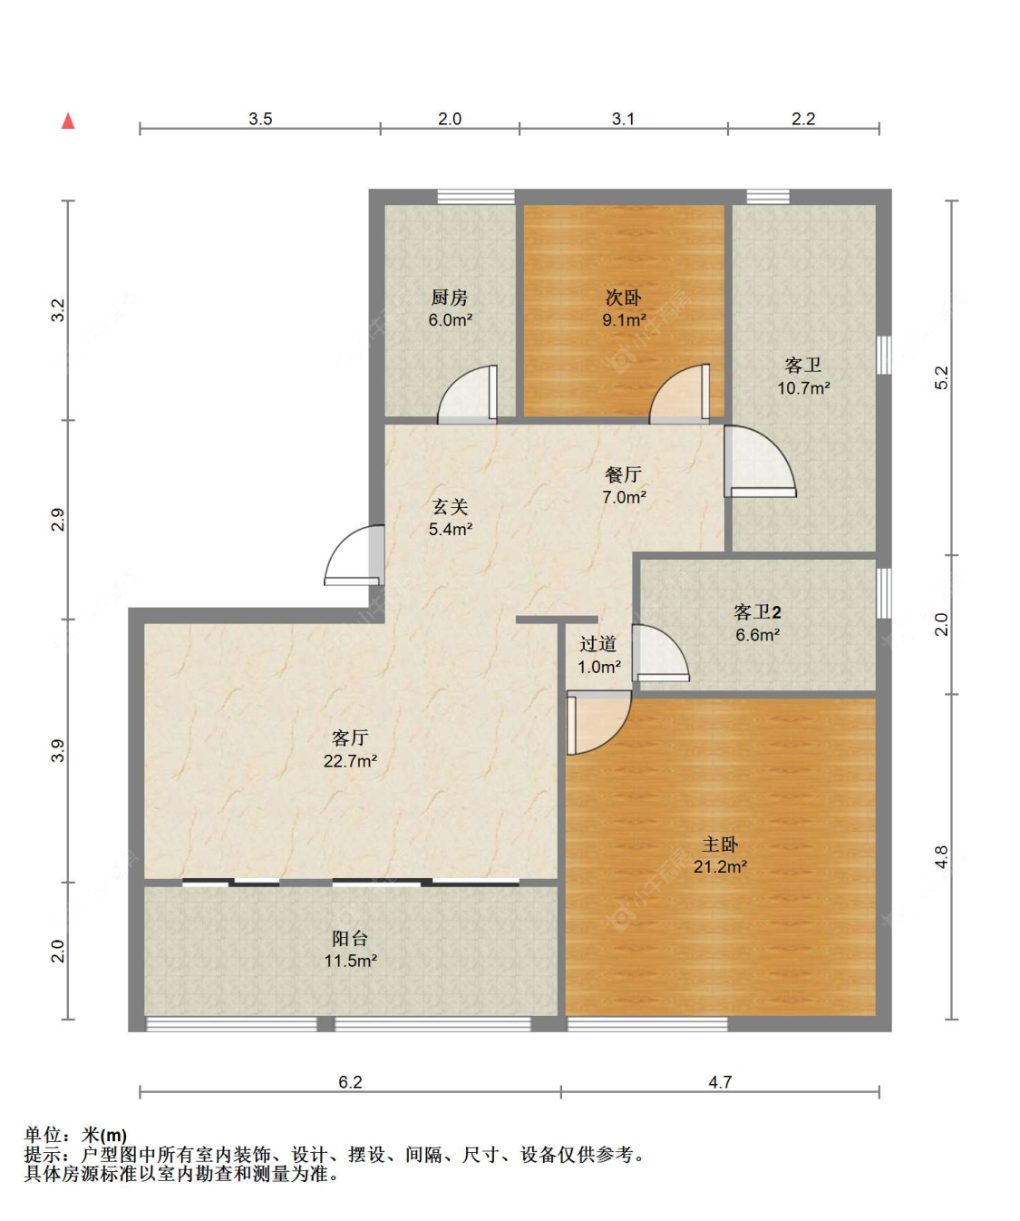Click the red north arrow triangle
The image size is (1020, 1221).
coord(68,121)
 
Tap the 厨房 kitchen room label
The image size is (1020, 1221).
coord(450,298)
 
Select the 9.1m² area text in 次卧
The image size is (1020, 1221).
coord(625,320)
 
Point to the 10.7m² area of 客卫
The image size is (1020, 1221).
coord(803,387)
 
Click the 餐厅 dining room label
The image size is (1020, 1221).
coord(623,474)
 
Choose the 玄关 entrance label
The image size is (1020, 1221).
coord(450,506)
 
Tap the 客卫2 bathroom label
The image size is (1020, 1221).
coord(758,611)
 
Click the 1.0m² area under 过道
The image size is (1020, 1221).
coord(599,667)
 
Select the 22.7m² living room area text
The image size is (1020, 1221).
coord(350,761)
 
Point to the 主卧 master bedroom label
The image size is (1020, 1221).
coord(720,844)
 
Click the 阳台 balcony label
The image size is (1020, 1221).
coord(350,938)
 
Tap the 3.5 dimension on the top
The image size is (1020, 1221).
coord(260,119)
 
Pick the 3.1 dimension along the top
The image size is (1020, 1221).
coord(623,119)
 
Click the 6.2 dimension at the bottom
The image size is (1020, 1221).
coord(350,1082)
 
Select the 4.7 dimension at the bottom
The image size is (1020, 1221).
coord(720,1082)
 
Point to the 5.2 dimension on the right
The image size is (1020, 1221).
coord(941,377)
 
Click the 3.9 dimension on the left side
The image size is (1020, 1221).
coord(57,750)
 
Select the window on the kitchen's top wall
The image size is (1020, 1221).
coord(476,197)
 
